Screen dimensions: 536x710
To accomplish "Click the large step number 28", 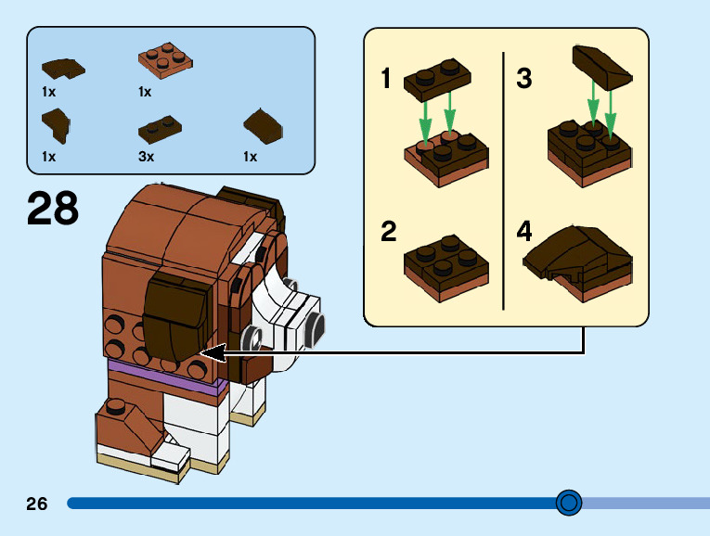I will click(53, 209).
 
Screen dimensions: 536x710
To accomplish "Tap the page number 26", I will click(37, 504).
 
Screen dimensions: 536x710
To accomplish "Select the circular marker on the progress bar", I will click(568, 503).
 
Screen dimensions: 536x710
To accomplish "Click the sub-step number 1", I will click(386, 79).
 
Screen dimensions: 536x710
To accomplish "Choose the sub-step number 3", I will click(524, 79).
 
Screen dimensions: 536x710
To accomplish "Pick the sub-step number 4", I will click(524, 231).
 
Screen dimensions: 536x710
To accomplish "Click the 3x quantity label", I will click(146, 157).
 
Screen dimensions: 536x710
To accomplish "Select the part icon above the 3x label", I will click(160, 127).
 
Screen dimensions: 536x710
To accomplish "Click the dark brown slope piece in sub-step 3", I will click(601, 67).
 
